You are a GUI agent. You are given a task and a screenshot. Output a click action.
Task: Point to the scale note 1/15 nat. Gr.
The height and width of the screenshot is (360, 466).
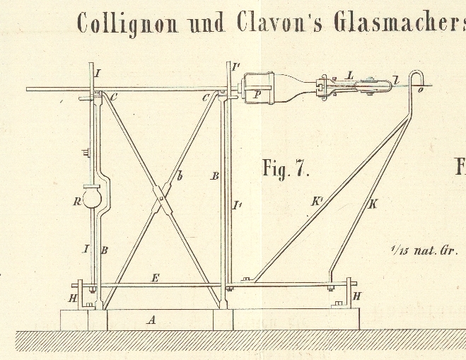tap(424, 250)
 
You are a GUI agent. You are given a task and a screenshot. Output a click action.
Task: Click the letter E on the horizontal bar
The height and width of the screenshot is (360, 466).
tap(155, 278)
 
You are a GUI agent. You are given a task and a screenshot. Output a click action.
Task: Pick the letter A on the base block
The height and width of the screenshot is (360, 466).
tap(150, 320)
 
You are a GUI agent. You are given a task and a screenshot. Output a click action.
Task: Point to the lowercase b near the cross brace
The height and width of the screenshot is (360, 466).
tap(180, 177)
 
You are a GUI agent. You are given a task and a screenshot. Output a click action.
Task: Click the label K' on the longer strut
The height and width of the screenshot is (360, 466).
tap(316, 202)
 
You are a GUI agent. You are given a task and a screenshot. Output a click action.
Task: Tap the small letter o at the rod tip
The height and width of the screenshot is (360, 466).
tap(420, 90)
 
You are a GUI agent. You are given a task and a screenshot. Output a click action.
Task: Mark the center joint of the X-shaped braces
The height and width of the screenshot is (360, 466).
tap(163, 197)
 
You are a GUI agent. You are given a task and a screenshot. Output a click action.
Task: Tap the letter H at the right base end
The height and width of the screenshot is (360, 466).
tap(356, 296)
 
